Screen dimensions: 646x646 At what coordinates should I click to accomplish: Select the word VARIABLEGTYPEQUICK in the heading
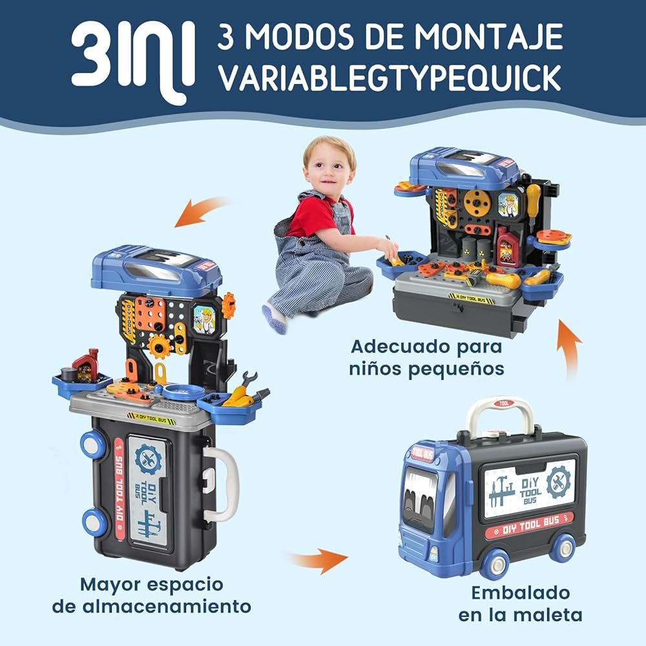[390, 78]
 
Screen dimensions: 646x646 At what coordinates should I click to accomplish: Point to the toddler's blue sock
[275, 318]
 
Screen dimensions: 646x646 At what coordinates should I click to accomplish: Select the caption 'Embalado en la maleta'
[520, 604]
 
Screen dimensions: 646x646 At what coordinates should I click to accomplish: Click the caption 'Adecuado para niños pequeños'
[426, 358]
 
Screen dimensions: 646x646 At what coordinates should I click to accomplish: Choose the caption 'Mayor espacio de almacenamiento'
[152, 596]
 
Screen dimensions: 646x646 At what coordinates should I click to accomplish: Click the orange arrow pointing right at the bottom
[318, 560]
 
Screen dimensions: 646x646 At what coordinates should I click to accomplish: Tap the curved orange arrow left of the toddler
[202, 211]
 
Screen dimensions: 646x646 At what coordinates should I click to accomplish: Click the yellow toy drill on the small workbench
[503, 280]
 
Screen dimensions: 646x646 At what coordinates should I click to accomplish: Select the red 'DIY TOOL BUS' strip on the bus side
[529, 526]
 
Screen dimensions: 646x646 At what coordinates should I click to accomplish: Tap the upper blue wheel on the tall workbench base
[93, 446]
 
